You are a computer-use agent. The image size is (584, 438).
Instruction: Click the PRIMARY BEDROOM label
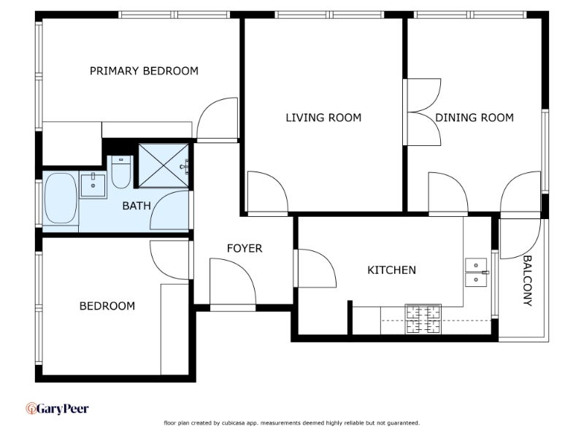tap(144, 71)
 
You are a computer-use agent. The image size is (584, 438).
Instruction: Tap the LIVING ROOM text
tap(323, 118)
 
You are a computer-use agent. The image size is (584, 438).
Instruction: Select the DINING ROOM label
tap(474, 118)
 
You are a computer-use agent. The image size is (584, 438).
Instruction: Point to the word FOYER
tap(245, 248)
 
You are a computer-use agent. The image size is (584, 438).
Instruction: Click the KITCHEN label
tap(391, 270)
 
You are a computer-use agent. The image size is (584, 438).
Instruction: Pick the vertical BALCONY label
tap(528, 280)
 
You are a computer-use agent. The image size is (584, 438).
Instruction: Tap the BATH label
tap(137, 206)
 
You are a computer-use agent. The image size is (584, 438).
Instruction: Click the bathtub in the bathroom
tap(61, 198)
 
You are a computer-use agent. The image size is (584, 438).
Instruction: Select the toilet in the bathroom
tap(121, 172)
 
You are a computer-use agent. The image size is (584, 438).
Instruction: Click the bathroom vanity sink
tap(93, 185)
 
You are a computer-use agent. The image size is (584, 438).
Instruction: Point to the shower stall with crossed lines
tap(164, 166)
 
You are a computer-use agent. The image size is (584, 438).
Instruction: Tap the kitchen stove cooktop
tap(423, 319)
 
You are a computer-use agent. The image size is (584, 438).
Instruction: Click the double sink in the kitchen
tap(476, 272)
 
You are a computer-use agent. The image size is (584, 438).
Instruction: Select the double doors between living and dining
tap(423, 112)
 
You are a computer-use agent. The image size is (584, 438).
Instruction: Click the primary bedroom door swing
tap(217, 119)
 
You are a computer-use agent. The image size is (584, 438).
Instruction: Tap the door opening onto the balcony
tap(520, 239)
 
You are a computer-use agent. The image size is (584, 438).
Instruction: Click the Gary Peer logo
tap(58, 409)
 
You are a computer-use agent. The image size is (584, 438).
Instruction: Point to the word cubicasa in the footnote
tap(233, 423)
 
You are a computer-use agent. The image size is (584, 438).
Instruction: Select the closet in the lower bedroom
tap(174, 330)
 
